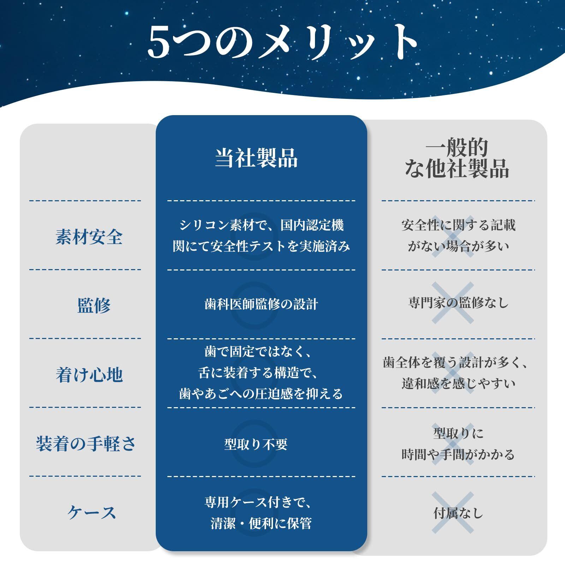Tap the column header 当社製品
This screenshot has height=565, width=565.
pos(257,158)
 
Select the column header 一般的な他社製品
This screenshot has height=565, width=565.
pos(457,158)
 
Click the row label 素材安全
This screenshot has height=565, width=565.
pos(89,236)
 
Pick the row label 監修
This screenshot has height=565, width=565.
pos(94,305)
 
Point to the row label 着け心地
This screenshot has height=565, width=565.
pos(89,374)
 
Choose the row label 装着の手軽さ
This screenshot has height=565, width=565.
pos(86,444)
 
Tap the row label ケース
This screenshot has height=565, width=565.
pos(92,512)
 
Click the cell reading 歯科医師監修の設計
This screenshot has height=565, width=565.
pos(261,304)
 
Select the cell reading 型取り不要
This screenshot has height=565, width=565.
pos(256,444)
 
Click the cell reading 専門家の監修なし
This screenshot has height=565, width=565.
pos(458,303)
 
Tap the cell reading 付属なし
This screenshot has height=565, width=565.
pos(458,513)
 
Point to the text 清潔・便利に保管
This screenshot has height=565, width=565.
pos(261,523)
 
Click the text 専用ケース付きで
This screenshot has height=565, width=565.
pos(258,502)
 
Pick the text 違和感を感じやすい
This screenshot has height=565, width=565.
pos(458,383)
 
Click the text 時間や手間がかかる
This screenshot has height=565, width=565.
pos(458,454)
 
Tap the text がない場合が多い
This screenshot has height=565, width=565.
pos(458,246)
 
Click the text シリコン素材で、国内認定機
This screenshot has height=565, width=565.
pos(261,225)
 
